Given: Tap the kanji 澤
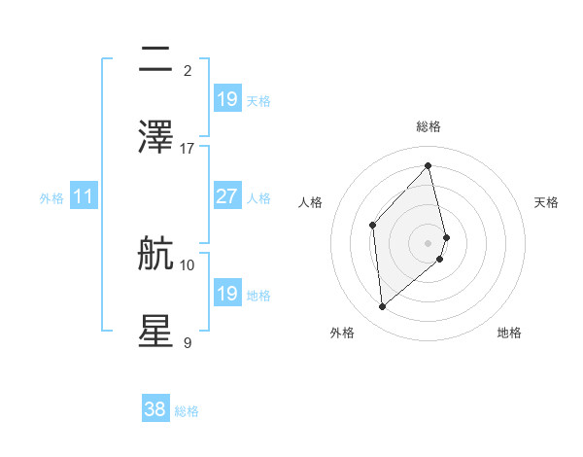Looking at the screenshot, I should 155,137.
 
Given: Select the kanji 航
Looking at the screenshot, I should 155,254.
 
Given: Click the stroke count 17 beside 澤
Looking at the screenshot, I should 188,148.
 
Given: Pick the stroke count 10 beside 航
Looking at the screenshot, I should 188,264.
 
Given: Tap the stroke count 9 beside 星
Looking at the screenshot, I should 188,342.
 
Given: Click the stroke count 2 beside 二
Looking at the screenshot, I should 188,70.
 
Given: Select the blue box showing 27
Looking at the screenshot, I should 226,196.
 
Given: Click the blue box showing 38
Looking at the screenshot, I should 155,409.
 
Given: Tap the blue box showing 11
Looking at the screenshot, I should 84,196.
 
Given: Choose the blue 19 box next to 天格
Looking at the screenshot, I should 226,98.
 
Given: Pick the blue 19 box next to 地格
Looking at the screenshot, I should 226,294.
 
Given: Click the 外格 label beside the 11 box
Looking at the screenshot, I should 51,197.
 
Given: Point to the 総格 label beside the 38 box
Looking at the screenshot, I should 187,411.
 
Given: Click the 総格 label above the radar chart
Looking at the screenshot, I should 429,126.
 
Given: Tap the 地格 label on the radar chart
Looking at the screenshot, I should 509,333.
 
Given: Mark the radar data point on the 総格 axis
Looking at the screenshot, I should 429,166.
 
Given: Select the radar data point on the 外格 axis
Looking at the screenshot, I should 382,307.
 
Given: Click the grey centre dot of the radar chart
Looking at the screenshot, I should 429,241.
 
